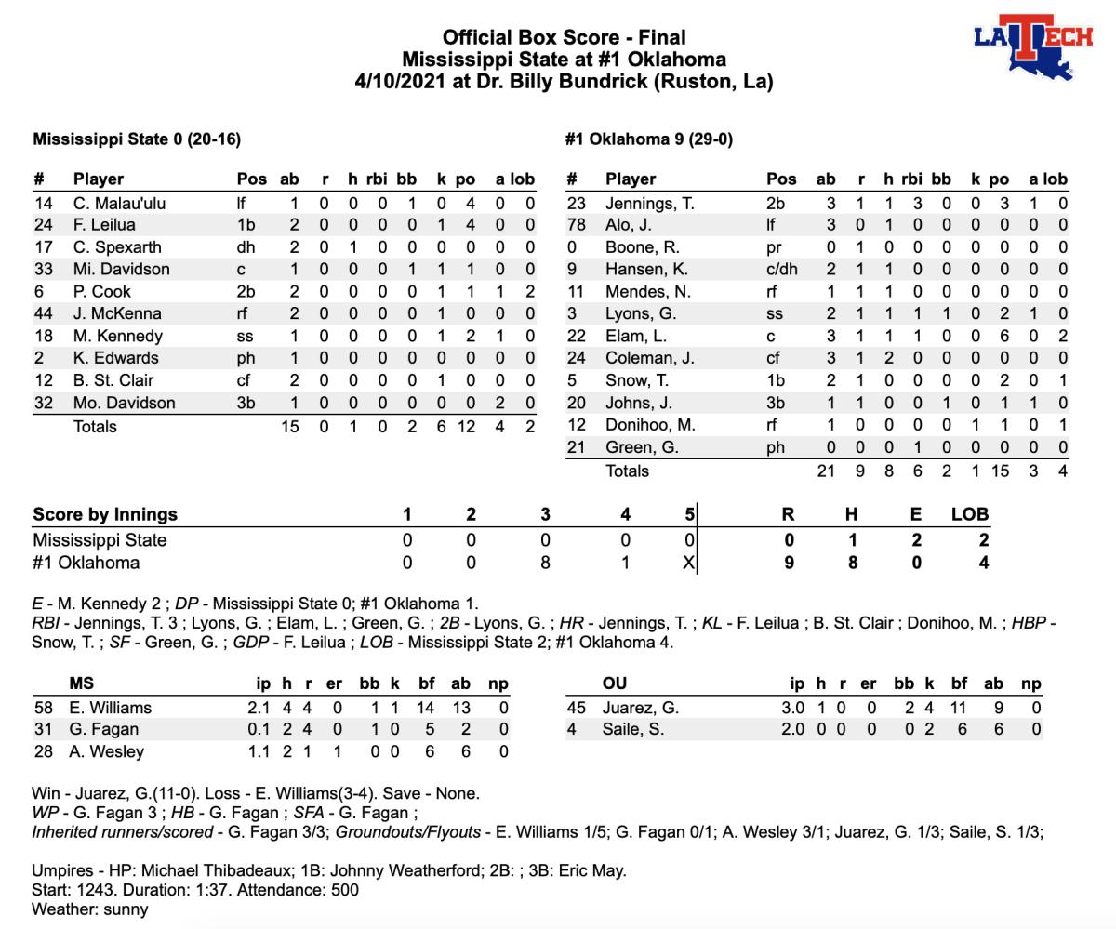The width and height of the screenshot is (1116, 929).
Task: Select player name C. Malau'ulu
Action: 119,203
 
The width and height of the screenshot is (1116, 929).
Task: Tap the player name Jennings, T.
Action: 649,203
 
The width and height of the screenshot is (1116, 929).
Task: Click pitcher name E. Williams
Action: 110,708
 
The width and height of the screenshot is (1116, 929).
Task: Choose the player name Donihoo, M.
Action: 648,425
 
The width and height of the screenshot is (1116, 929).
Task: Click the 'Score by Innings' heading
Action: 105,514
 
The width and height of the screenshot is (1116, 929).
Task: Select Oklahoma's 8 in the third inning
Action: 545,563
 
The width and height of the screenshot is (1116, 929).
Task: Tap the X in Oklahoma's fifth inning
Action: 688,563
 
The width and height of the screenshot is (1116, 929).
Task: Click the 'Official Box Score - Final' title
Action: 564,37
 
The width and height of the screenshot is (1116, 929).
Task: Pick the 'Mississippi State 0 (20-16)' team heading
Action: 137,139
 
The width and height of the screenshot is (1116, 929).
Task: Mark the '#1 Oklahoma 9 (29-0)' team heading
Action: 649,139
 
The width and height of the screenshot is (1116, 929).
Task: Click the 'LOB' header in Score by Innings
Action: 970,514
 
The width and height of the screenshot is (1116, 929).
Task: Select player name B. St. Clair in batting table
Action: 113,380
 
